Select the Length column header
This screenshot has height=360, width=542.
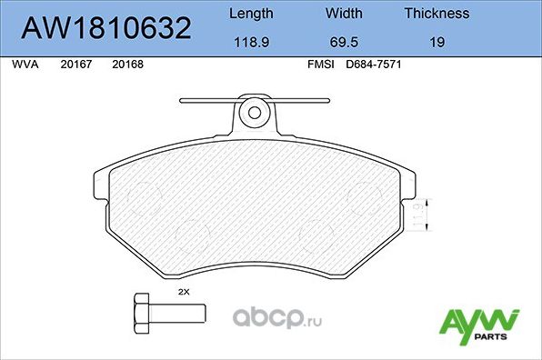pyautogui.click(x=250, y=14)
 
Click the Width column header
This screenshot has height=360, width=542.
pyautogui.click(x=343, y=14)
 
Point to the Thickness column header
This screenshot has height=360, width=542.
pyautogui.click(x=437, y=14)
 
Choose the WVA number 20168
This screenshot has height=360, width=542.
pyautogui.click(x=126, y=65)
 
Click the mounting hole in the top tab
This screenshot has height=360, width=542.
pyautogui.click(x=256, y=114)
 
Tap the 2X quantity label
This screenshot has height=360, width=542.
pyautogui.click(x=183, y=291)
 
